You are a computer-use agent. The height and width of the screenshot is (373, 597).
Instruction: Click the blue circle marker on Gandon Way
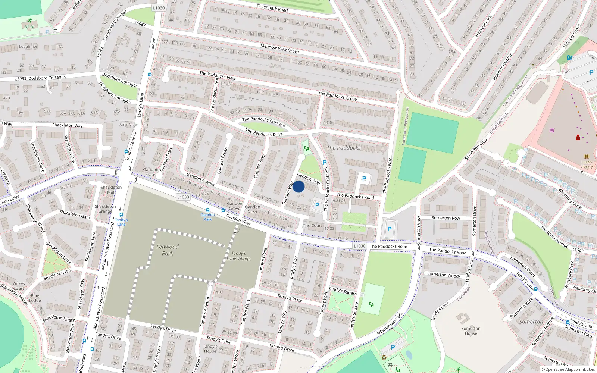point(298,186)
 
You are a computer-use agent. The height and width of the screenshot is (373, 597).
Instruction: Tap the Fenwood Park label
point(168,250)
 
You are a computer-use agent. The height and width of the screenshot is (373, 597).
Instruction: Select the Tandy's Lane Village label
point(238,256)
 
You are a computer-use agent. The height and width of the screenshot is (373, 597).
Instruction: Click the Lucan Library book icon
point(586,157)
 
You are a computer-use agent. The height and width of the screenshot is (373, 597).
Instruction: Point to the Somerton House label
point(471,331)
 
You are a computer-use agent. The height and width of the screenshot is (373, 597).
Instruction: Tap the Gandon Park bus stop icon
point(208,210)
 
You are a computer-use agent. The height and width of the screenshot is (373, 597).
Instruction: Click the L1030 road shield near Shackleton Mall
point(183,197)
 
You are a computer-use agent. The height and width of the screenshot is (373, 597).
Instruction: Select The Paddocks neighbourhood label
point(344,148)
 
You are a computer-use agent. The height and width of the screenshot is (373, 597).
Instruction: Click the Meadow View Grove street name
point(279,48)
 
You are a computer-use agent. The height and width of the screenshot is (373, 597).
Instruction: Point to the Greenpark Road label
point(272,8)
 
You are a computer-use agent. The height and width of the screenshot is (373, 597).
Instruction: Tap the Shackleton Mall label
point(111,189)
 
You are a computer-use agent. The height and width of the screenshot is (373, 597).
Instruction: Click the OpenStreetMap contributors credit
point(568,369)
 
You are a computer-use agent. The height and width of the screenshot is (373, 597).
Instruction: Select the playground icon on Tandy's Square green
point(372,304)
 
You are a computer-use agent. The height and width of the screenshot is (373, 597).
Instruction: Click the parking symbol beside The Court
point(317,205)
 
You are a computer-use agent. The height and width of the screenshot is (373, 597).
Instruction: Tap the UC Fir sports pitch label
point(29,27)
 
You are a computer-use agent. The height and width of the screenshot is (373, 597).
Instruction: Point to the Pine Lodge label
point(35,298)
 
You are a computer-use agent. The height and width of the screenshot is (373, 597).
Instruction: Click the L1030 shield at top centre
point(159,8)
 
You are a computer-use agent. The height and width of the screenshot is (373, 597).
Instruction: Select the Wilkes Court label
point(18,286)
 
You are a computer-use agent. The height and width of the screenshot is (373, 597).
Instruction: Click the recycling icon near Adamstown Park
point(384,358)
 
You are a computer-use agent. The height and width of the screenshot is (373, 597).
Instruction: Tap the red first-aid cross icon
point(578,138)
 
